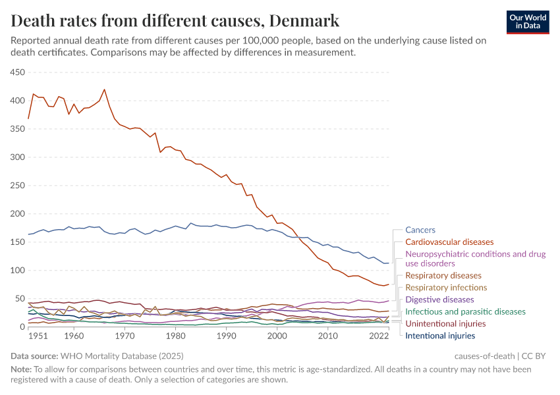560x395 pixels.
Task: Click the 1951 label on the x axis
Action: (x=38, y=336)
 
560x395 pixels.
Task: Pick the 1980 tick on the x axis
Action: (x=175, y=336)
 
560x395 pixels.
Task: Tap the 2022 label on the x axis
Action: (x=378, y=336)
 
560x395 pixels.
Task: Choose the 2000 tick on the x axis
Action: (x=277, y=336)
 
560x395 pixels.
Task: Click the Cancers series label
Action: (x=420, y=230)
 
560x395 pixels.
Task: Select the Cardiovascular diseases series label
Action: (x=449, y=242)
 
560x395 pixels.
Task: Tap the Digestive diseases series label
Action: (x=439, y=300)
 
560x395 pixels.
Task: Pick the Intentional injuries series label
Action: (x=440, y=336)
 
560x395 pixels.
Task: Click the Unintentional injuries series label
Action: (x=445, y=324)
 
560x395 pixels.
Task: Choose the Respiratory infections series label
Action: (x=446, y=288)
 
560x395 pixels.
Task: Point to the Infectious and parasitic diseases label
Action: (x=465, y=311)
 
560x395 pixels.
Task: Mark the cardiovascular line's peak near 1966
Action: (x=104, y=90)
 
